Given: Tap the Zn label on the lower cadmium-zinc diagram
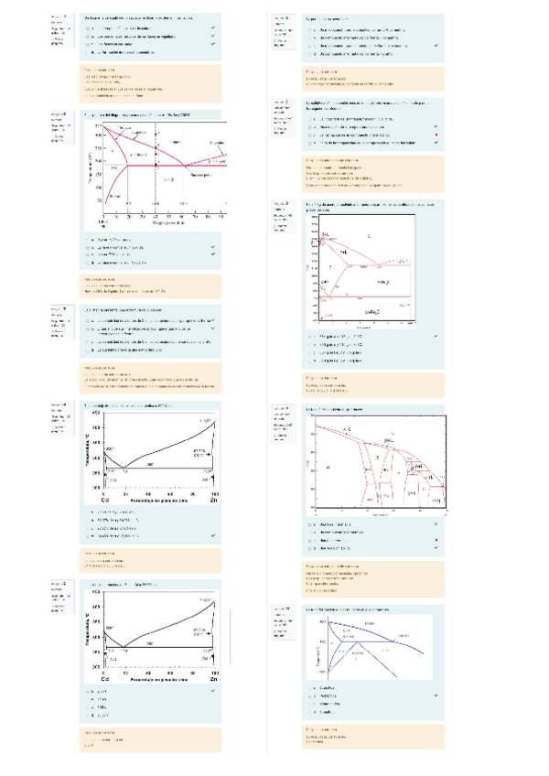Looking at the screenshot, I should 212,680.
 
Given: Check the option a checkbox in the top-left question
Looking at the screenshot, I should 89,29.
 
